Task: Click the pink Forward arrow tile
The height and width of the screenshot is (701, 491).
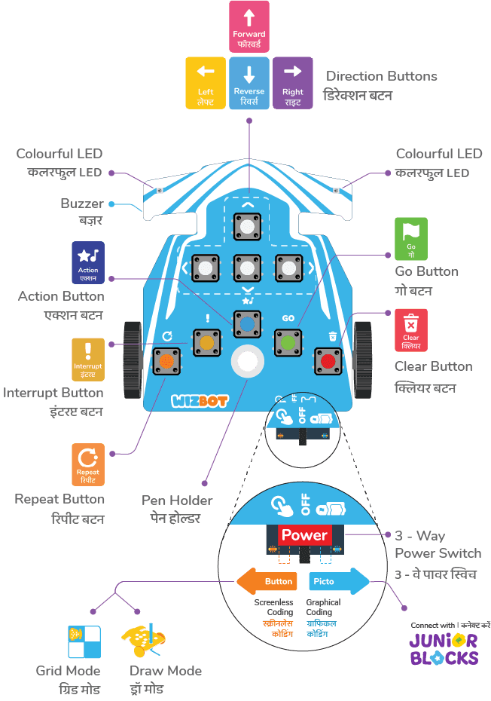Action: [249, 26]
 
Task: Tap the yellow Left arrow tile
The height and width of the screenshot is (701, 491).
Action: [205, 83]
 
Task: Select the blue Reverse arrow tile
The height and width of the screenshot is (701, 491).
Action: [249, 83]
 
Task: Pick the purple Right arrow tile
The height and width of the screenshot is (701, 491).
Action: [292, 83]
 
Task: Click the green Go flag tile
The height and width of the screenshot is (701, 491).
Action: [410, 239]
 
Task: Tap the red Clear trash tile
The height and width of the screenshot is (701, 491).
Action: [410, 330]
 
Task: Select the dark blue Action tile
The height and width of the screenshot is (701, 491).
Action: [88, 262]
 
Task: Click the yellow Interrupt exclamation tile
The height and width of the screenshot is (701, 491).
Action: [88, 360]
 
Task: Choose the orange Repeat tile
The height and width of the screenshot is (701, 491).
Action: [88, 464]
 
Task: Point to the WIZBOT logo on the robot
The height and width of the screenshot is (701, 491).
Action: [194, 399]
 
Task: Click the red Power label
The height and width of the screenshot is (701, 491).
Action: [303, 535]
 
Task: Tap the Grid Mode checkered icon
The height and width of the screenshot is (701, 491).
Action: [84, 642]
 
